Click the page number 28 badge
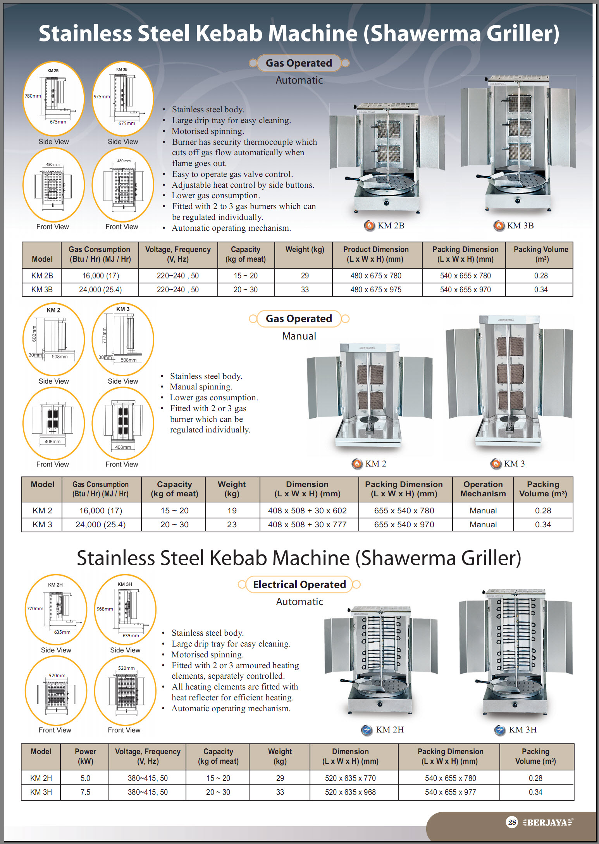[512, 822]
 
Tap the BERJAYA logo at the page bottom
[547, 822]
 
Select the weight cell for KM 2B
[305, 276]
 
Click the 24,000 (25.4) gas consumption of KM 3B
[100, 290]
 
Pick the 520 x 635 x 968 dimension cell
[350, 792]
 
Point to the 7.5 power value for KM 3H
[85, 792]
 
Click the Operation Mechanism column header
[483, 489]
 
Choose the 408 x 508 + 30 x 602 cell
[307, 511]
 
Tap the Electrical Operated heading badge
[299, 585]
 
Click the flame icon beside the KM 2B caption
[369, 225]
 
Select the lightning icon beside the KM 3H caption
[500, 730]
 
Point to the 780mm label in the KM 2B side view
[33, 96]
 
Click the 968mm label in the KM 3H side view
[105, 609]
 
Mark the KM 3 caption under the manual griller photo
[514, 464]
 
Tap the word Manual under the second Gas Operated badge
[299, 336]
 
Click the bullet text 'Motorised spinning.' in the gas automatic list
[208, 131]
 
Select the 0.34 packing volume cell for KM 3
[543, 525]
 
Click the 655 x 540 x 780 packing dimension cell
[404, 511]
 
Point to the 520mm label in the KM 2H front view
[57, 676]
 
